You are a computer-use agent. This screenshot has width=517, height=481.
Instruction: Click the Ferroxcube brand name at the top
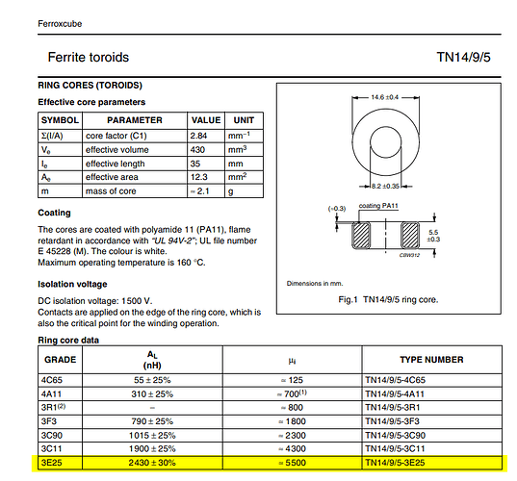pos(60,24)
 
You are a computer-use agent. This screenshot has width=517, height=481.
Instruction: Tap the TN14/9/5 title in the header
pos(464,57)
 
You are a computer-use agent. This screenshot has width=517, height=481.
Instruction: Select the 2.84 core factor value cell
pos(198,136)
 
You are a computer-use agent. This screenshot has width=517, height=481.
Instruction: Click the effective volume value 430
pos(197,150)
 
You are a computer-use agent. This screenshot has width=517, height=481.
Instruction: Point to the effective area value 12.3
pos(199,177)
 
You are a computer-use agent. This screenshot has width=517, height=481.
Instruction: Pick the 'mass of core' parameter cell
pos(111,191)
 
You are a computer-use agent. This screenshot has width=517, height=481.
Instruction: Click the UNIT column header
pos(244,120)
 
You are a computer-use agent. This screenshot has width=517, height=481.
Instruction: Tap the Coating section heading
pos(55,213)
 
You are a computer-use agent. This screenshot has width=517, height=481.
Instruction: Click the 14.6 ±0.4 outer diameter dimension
pos(385,97)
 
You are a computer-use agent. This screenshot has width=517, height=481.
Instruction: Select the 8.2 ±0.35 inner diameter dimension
pos(385,186)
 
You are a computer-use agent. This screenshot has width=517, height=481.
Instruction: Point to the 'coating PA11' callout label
pos(378,206)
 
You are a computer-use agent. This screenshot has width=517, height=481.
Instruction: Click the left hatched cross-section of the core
pos(361,236)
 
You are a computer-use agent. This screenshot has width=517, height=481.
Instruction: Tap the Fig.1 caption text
pos(388,300)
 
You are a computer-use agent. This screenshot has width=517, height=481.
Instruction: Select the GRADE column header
pos(60,360)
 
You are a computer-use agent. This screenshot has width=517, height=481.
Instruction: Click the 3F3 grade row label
pos(49,421)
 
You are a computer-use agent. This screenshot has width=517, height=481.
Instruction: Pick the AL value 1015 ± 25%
pos(152,436)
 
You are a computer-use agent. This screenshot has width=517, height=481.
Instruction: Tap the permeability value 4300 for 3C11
pos(293,449)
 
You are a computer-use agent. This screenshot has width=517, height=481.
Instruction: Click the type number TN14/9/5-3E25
pos(395,463)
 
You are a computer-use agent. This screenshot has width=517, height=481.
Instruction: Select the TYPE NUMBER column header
pos(431,360)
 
